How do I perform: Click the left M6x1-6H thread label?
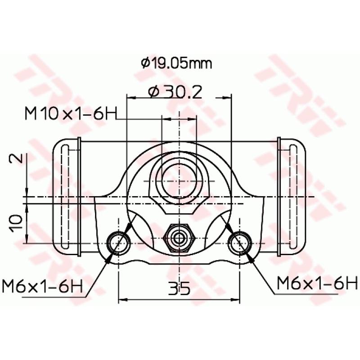click(42, 286)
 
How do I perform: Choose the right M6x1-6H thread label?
click(317, 283)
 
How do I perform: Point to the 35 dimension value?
click(179, 288)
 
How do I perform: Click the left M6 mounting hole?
click(119, 243)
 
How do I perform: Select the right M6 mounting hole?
click(239, 243)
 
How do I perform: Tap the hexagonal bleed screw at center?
click(179, 238)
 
